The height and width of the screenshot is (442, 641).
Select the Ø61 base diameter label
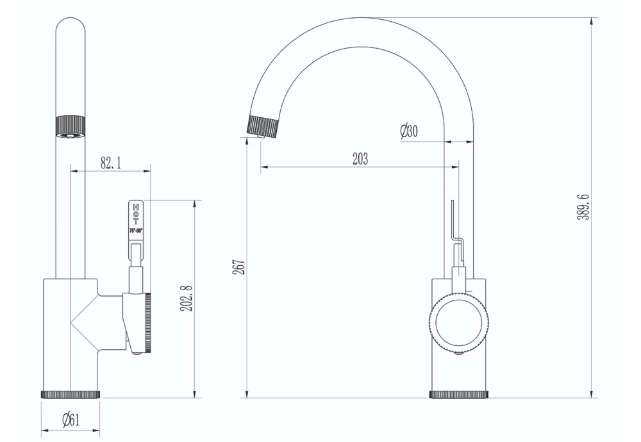point(71,420)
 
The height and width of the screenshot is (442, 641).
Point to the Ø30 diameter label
point(408,132)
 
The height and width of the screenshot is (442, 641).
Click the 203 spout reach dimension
point(360,160)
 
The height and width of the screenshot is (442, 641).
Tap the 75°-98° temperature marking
point(136,230)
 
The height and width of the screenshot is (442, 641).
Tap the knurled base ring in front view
point(71,393)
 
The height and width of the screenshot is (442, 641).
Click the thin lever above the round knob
point(453,221)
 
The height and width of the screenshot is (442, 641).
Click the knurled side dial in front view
point(147,323)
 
